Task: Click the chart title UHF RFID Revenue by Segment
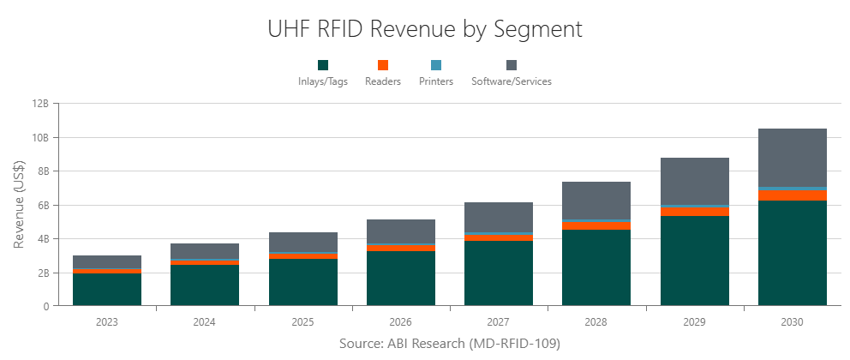pos(425,29)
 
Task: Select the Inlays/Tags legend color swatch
pos(323,65)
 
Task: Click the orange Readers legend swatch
pos(383,65)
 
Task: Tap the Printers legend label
pos(436,81)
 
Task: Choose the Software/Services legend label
pos(512,81)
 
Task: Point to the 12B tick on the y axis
pos(41,104)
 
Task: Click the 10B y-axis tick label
pos(41,137)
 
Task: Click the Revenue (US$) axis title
pos(19,204)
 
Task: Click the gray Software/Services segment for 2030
pos(792,157)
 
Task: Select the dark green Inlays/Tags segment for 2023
pos(107,290)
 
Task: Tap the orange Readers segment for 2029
pos(694,212)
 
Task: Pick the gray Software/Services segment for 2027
pos(499,217)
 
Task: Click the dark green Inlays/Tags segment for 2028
pos(596,267)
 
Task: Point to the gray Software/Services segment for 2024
pos(205,251)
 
